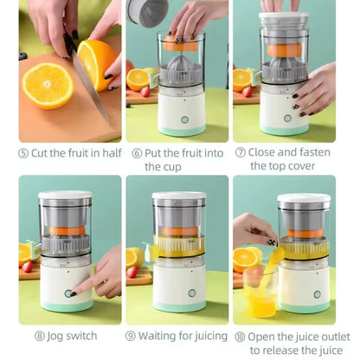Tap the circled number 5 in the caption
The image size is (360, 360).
click(x=23, y=153)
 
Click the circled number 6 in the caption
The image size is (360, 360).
click(x=137, y=153)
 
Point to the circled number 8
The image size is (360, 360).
click(x=39, y=336)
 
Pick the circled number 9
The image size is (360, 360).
click(x=131, y=336)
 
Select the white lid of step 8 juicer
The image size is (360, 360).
click(x=65, y=197)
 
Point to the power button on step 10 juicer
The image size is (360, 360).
click(x=317, y=294)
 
